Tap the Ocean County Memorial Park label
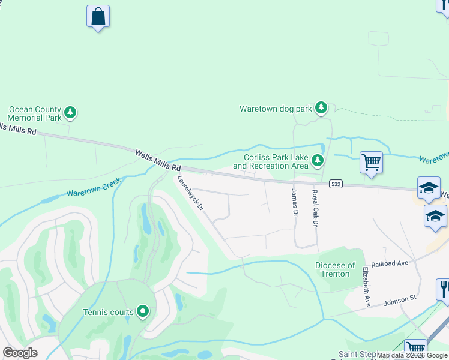coord(35,113)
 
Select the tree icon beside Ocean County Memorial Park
coord(71,112)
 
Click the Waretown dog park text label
coord(276,109)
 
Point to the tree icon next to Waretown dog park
coord(322,108)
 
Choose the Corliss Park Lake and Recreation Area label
coord(271,161)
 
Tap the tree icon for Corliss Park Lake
coord(318,160)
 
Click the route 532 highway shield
coord(336,184)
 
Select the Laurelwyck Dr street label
coord(191,193)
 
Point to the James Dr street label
coord(294,204)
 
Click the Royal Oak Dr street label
coord(314,208)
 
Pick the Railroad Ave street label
coord(389,263)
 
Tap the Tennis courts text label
coord(107,311)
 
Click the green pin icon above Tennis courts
coord(143,311)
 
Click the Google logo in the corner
coord(20,352)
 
